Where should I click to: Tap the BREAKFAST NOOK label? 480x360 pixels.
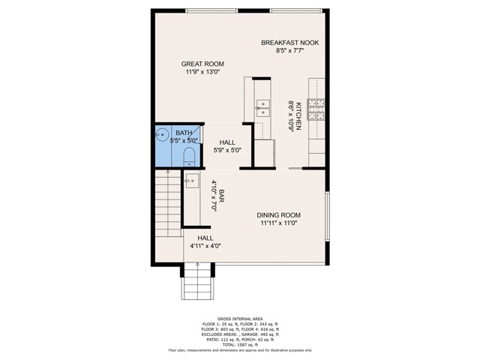(289, 43)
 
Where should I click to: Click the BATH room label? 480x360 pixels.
(184, 133)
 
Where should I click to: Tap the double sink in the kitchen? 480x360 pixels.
(262, 109)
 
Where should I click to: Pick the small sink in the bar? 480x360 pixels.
(192, 181)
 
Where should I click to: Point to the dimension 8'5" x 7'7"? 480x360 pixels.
(289, 51)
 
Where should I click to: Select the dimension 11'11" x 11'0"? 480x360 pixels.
(279, 223)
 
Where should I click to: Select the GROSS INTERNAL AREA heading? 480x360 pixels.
(240, 318)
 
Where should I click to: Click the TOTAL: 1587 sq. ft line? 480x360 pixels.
(240, 344)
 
